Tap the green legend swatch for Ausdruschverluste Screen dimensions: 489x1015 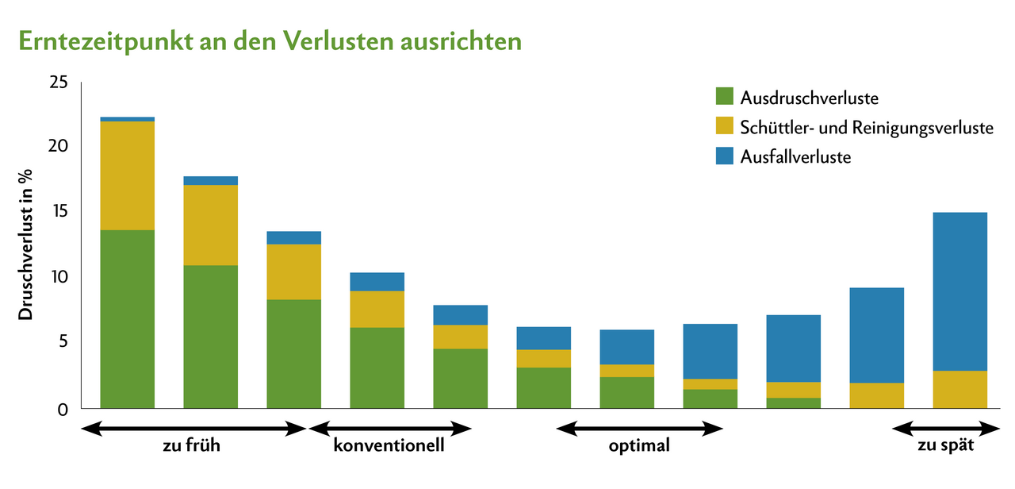tap(725, 98)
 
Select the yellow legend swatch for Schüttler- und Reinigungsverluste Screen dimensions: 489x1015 tap(725, 127)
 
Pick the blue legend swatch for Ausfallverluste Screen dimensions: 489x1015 tap(725, 156)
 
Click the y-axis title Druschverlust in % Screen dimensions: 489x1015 tap(27, 246)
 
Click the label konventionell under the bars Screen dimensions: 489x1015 tap(389, 445)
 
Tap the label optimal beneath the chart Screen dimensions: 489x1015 tap(639, 445)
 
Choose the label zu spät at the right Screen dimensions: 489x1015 tap(946, 445)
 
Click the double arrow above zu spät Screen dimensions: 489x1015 tap(946, 429)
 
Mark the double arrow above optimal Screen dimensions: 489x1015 tap(639, 429)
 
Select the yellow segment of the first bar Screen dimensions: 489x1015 tap(128, 175)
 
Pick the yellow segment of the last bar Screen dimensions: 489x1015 tap(960, 389)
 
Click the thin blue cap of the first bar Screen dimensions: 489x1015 tap(128, 119)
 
